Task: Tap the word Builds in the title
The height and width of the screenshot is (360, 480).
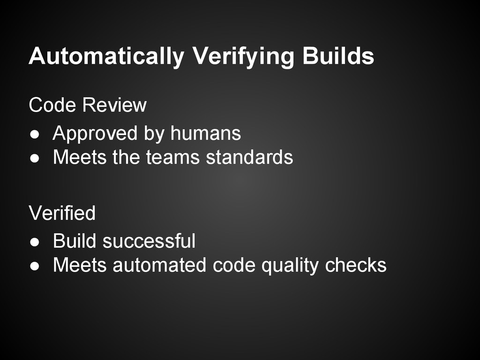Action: [x=338, y=56]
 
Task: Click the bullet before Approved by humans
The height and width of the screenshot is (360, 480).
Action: [x=34, y=135]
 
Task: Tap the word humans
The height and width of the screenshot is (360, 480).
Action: [x=205, y=134]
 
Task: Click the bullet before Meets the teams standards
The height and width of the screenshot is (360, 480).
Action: [x=34, y=158]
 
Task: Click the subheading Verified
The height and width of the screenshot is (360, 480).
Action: [x=62, y=213]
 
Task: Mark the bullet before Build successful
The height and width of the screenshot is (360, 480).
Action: [x=34, y=242]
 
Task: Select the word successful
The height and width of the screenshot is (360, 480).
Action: [x=149, y=241]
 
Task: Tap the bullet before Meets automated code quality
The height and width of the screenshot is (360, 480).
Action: [x=34, y=266]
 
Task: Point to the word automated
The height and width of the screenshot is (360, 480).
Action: [x=159, y=265]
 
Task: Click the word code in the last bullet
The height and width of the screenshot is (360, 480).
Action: [x=234, y=265]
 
